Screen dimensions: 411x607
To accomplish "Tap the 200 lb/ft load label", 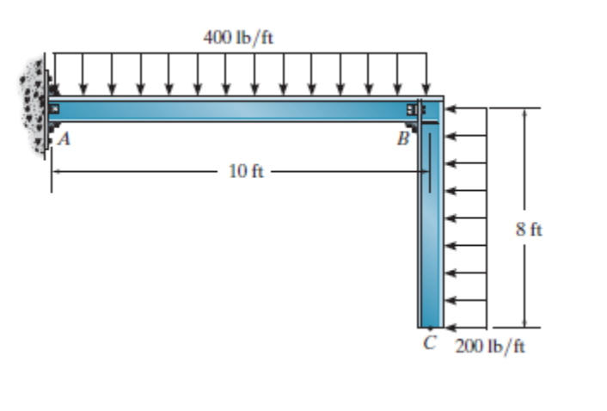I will point(489,347).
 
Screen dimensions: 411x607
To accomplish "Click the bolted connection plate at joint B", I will point(415,110).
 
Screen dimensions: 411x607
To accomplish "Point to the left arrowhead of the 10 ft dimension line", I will point(56,171).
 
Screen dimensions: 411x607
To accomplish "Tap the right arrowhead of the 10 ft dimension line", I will point(424,171).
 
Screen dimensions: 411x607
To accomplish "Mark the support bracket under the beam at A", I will point(54,131).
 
